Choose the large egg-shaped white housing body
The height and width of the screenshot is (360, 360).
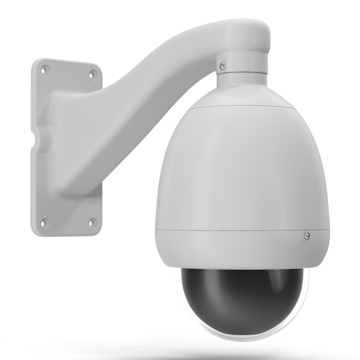(243, 167)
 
